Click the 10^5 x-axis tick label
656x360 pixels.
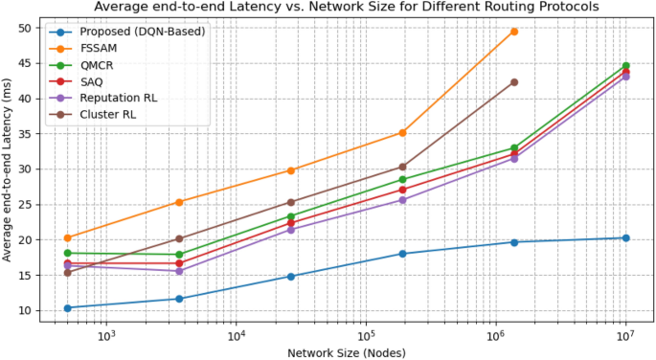click(366, 337)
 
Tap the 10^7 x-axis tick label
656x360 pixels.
click(625, 337)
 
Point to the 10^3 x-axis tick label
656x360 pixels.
click(106, 337)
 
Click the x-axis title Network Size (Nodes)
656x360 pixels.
click(347, 352)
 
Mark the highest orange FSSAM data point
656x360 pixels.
click(514, 32)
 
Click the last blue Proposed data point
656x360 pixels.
click(625, 237)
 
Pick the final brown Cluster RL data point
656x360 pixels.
click(514, 82)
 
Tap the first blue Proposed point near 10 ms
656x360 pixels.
click(67, 307)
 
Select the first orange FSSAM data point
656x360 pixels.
click(67, 237)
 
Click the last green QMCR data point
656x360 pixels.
click(625, 66)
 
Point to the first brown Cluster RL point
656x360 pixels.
click(67, 273)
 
